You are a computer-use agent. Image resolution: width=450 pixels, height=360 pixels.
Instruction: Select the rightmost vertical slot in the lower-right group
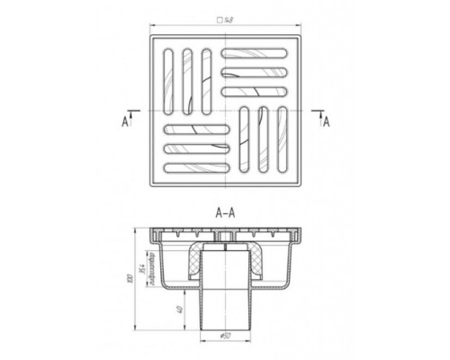click(x=283, y=141)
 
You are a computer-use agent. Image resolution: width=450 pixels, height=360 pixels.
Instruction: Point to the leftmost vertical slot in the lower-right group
click(x=247, y=141)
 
